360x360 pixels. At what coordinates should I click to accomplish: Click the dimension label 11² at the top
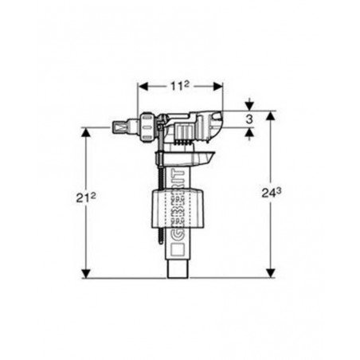coord(180,86)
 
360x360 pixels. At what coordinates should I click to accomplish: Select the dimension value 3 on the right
coord(249,119)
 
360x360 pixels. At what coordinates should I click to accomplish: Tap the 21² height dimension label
coord(86,198)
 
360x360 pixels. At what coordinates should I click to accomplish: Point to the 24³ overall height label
coord(272,193)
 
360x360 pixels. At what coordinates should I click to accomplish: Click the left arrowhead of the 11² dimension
coord(143,86)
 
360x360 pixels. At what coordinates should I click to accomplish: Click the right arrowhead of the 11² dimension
coord(217,86)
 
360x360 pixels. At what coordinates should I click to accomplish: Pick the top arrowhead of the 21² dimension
coord(86,132)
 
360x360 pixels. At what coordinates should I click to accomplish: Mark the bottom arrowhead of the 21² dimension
coord(86,273)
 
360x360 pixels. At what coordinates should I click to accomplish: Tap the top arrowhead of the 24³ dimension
coord(270,115)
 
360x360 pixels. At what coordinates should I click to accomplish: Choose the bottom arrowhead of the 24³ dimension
coord(270,273)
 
